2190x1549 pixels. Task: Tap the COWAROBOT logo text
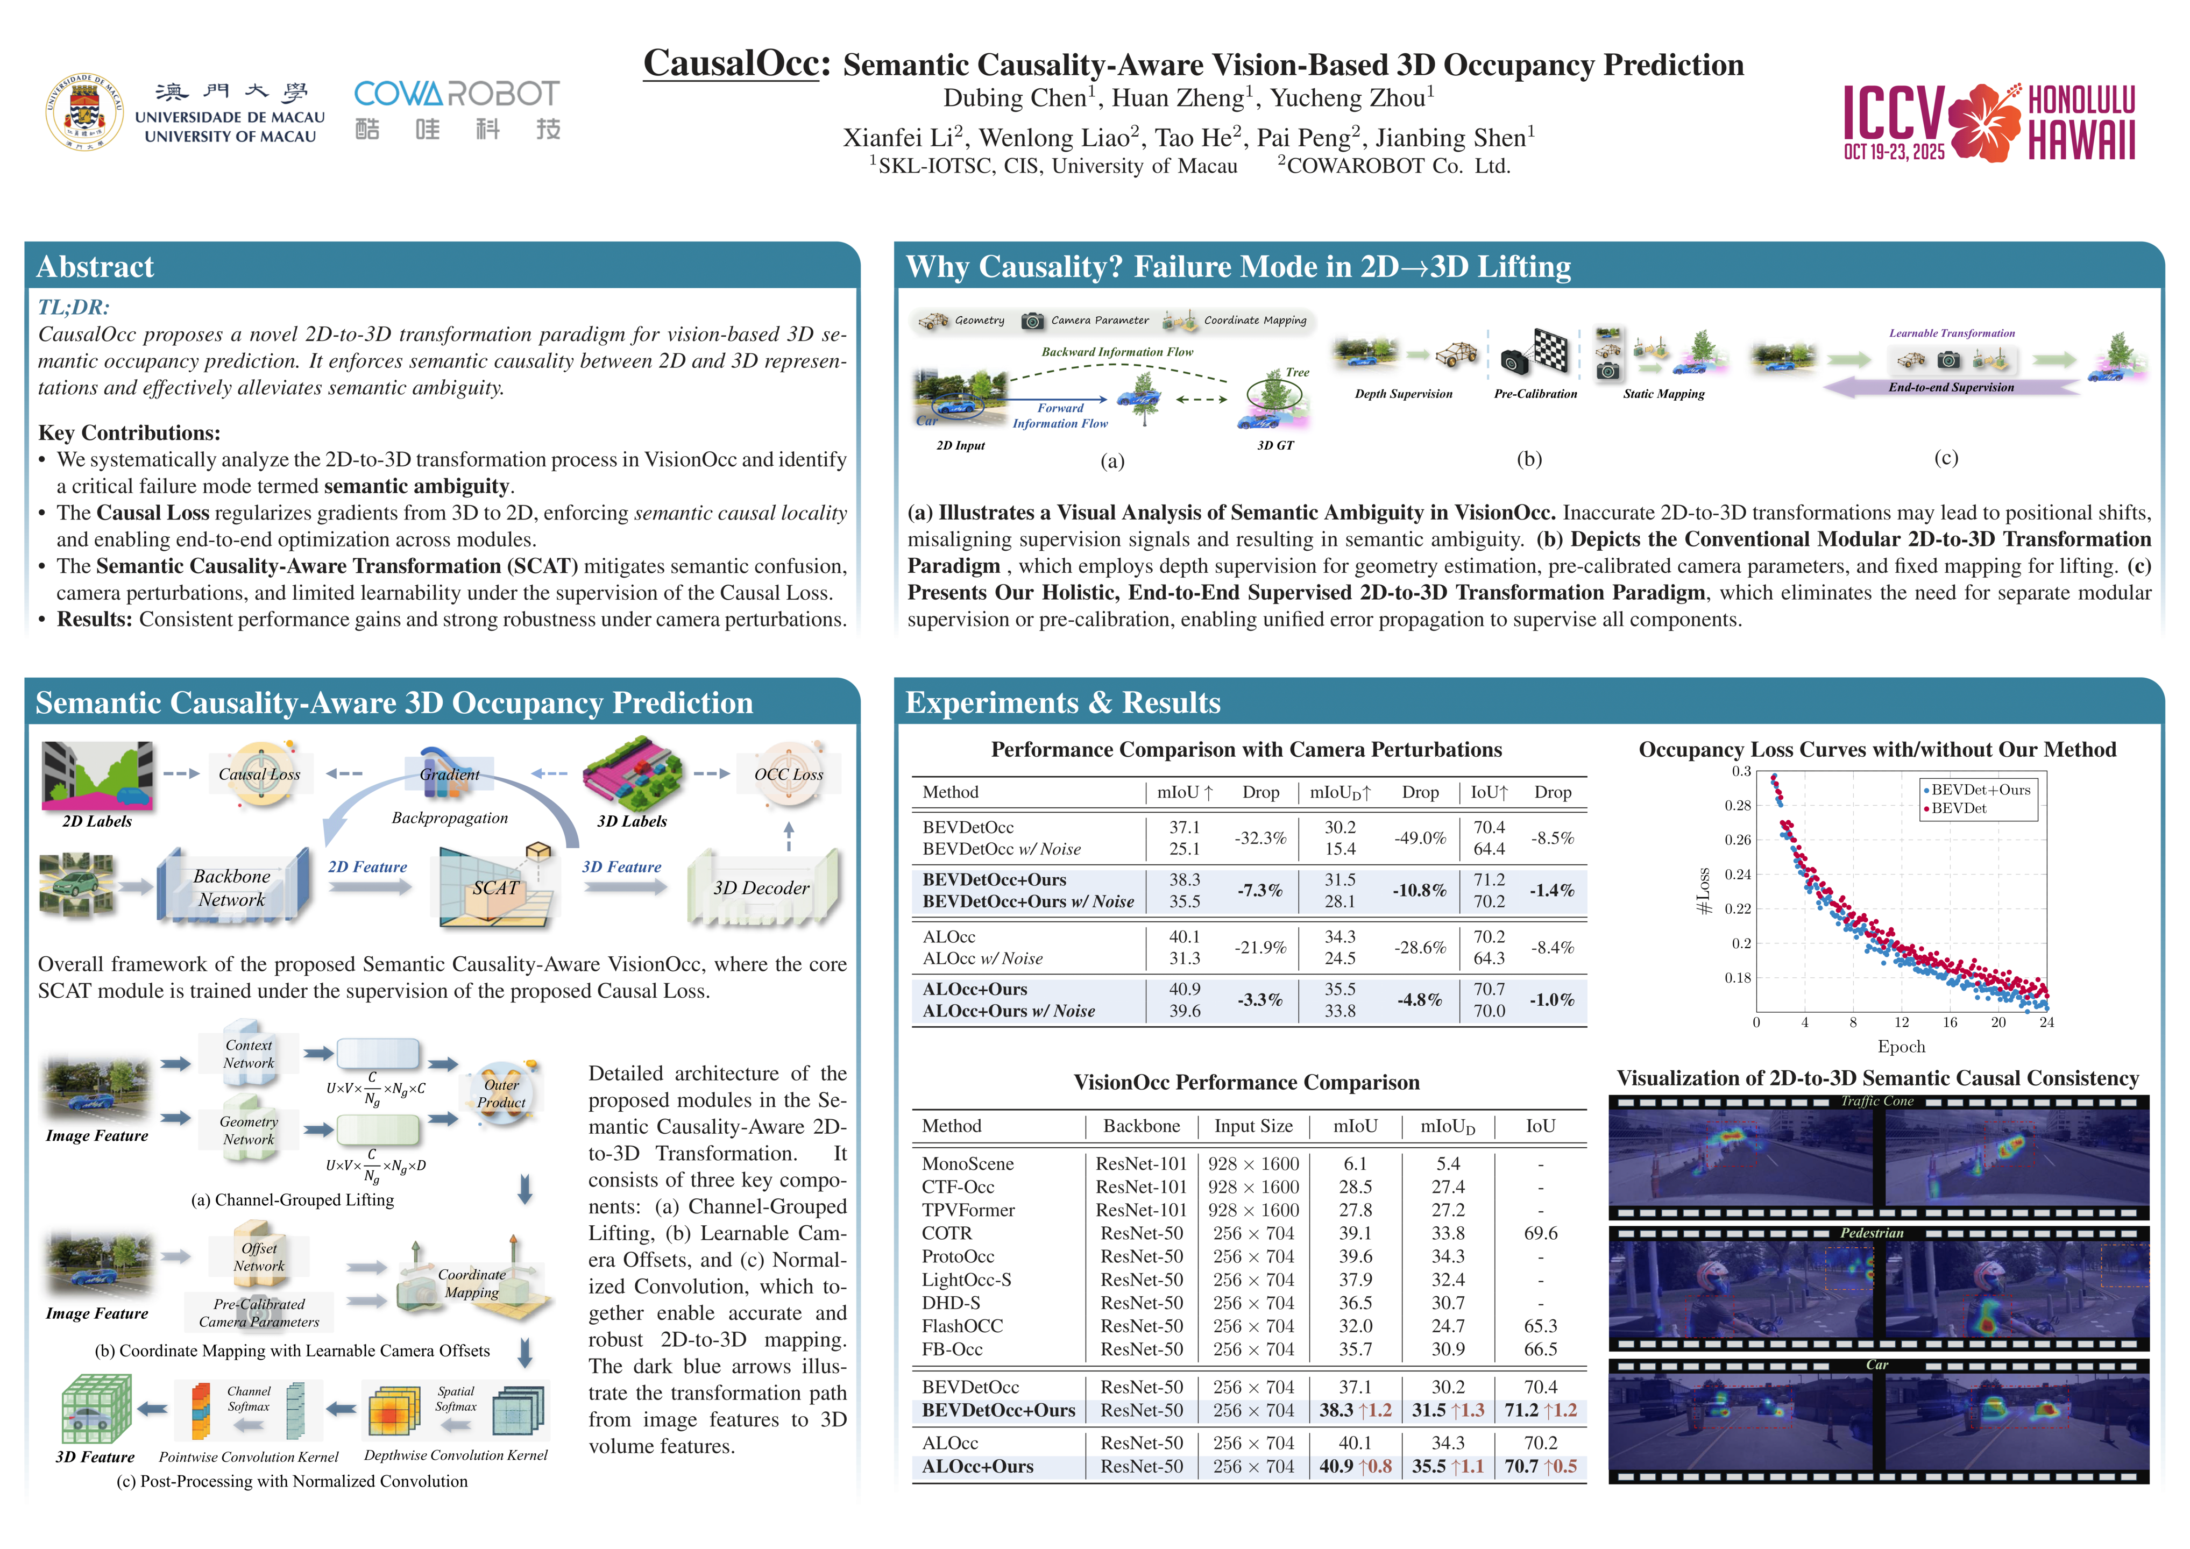pos(457,94)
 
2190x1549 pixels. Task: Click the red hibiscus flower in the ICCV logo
pos(1984,122)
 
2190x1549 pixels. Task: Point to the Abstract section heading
pos(95,267)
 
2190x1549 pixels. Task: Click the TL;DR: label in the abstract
pos(74,307)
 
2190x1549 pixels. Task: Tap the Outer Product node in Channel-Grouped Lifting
pos(502,1093)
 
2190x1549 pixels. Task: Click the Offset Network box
pos(259,1257)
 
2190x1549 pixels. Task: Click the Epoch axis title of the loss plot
pos(1901,1046)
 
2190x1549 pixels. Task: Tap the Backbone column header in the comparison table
pos(1141,1126)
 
